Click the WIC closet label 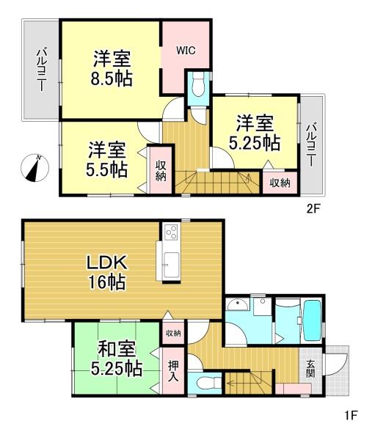(186, 51)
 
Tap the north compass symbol (34, 168)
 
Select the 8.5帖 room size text (112, 79)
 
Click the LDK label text (106, 263)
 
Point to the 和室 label (116, 349)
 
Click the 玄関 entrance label (310, 369)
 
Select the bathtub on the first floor (312, 320)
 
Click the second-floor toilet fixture (198, 84)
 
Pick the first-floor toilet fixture (208, 383)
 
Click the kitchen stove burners (171, 232)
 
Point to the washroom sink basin (238, 304)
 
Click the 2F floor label (313, 209)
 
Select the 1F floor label (350, 415)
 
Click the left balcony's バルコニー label (41, 70)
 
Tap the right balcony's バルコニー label (310, 145)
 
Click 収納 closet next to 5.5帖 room (161, 171)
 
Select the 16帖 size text (107, 282)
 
